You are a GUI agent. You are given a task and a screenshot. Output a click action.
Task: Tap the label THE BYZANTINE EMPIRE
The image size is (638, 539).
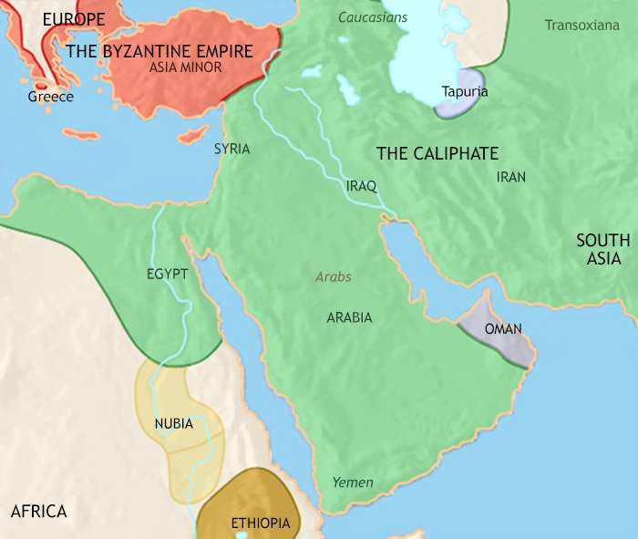point(159,51)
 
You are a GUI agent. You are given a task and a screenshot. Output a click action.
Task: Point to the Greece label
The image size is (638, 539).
point(51,96)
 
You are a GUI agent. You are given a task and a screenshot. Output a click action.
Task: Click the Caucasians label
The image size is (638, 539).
point(373,17)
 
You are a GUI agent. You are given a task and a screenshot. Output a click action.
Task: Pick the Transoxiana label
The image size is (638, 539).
point(581,25)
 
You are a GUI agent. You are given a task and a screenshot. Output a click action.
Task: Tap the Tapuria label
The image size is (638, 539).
point(464,91)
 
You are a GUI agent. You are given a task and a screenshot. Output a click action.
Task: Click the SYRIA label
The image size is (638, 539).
point(232,149)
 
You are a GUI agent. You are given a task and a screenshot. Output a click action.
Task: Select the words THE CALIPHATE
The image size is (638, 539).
point(437,154)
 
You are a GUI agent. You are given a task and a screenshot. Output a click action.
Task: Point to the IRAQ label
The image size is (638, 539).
point(361,185)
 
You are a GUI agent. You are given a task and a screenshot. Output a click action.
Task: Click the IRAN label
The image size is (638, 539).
point(511,177)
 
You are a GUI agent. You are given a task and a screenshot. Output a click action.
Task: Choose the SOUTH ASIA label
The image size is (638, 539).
point(602,249)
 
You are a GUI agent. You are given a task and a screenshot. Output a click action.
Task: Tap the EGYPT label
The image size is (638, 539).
point(167,274)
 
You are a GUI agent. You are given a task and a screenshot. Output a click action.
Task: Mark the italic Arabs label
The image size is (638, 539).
point(334,276)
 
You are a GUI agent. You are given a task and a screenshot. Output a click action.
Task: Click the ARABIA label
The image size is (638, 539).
point(349,317)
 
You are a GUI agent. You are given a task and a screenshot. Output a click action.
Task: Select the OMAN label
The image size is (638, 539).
point(503,329)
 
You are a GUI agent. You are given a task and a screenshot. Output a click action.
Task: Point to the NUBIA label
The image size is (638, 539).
point(173,423)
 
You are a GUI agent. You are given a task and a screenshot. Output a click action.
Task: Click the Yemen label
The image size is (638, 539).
point(353,482)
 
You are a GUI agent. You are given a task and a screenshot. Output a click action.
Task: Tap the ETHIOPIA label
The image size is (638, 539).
point(261,523)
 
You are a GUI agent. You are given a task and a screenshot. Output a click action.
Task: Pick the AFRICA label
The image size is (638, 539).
point(39,511)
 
